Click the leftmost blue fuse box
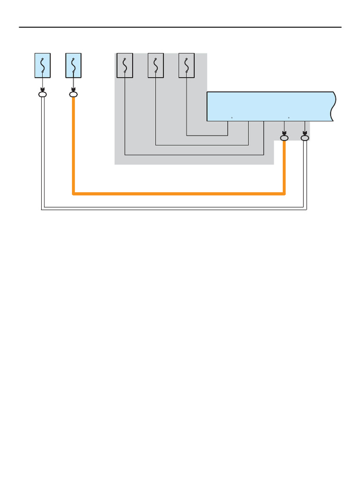42,66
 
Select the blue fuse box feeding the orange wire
73,66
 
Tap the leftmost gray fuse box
125,66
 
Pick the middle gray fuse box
156,66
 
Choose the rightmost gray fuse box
187,66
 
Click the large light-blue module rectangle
270,106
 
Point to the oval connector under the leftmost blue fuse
42,95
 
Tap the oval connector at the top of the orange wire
73,95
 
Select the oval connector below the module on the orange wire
284,138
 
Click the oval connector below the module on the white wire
305,138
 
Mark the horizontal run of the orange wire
178,193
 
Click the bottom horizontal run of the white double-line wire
173,208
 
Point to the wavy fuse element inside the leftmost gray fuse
125,65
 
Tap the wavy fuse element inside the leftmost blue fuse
42,65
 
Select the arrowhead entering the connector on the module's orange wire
284,133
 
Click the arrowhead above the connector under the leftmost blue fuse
42,90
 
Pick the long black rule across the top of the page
180,27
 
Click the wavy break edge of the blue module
333,106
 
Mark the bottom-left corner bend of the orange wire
74,193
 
